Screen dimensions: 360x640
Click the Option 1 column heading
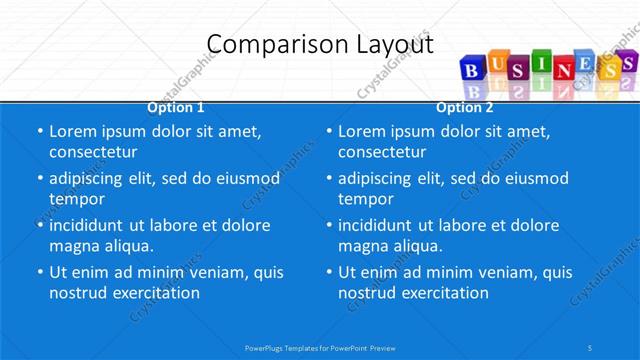pyautogui.click(x=176, y=107)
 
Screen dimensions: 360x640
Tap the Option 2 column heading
pyautogui.click(x=464, y=107)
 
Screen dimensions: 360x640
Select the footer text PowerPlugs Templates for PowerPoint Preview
pyautogui.click(x=320, y=347)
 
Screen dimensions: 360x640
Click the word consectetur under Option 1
pyautogui.click(x=93, y=152)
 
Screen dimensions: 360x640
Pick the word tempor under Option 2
pyautogui.click(x=366, y=198)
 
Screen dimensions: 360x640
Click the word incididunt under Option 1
pyautogui.click(x=93, y=225)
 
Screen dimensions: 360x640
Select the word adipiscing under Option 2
pyautogui.click(x=375, y=178)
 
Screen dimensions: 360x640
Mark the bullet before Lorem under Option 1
pyautogui.click(x=38, y=131)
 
